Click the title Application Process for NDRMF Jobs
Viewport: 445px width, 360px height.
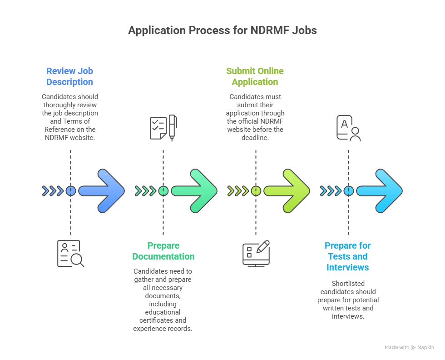(222, 31)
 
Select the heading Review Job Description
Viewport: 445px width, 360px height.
(70, 76)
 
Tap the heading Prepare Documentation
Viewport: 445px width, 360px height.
(163, 251)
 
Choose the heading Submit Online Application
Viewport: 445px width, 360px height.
(255, 76)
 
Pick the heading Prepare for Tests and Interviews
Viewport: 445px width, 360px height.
(348, 256)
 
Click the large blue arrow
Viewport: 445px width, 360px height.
(102, 191)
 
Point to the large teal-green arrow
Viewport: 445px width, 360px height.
(195, 191)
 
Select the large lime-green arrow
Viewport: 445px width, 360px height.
(287, 191)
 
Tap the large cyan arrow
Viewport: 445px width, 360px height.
(380, 191)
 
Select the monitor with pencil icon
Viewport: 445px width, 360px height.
(256, 253)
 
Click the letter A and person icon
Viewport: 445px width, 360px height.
(348, 128)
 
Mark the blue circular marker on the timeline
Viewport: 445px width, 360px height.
(70, 191)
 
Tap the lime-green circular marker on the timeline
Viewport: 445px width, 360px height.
(256, 191)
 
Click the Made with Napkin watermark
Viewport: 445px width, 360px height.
(409, 348)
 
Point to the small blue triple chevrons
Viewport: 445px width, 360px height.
(53, 191)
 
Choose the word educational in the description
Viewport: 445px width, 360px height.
(163, 312)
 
